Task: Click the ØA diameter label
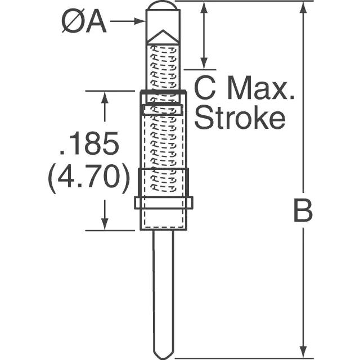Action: click(x=84, y=22)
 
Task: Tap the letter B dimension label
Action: click(x=303, y=210)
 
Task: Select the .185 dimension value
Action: click(x=89, y=143)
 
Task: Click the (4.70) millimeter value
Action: click(x=89, y=179)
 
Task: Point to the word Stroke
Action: click(x=240, y=118)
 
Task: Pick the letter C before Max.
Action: click(x=205, y=88)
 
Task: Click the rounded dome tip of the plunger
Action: click(x=163, y=5)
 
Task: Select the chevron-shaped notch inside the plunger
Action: click(x=163, y=37)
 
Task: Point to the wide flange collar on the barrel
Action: click(x=164, y=202)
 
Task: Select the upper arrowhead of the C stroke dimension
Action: click(x=204, y=7)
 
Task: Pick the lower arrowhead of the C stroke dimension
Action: click(x=204, y=63)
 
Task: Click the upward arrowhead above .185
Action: click(x=105, y=98)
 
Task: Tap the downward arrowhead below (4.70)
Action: click(x=105, y=223)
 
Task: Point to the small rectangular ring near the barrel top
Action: click(x=163, y=110)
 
